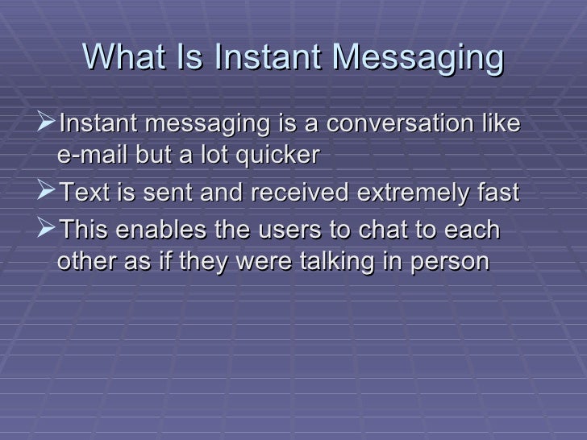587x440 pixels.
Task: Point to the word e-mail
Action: pos(89,156)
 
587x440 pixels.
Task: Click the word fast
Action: pos(498,193)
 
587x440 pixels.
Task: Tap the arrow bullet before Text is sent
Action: pos(47,193)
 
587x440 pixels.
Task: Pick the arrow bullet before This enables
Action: pos(47,230)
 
